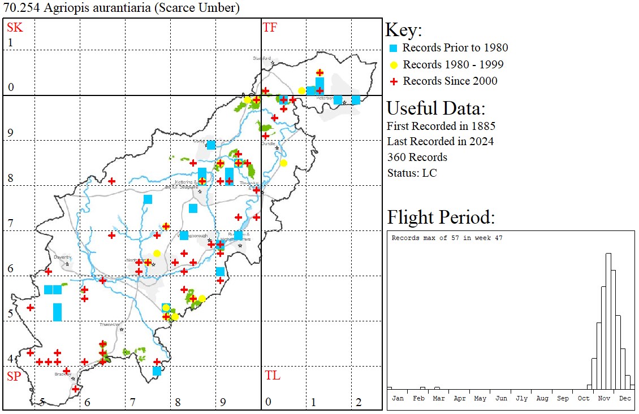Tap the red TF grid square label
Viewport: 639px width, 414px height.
click(270, 27)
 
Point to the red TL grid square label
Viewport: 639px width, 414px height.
click(272, 376)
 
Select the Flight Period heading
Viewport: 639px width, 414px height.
click(441, 217)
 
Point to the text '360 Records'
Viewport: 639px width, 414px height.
click(417, 157)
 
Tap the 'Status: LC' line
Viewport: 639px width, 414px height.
click(412, 173)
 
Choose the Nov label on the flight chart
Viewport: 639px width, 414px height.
click(604, 398)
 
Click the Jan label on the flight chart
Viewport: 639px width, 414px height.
click(398, 398)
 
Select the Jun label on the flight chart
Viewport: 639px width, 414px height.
click(501, 398)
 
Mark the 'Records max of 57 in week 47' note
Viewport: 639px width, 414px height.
click(447, 238)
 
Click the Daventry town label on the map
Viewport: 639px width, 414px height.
click(62, 257)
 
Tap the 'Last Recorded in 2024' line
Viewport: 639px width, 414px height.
click(440, 141)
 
